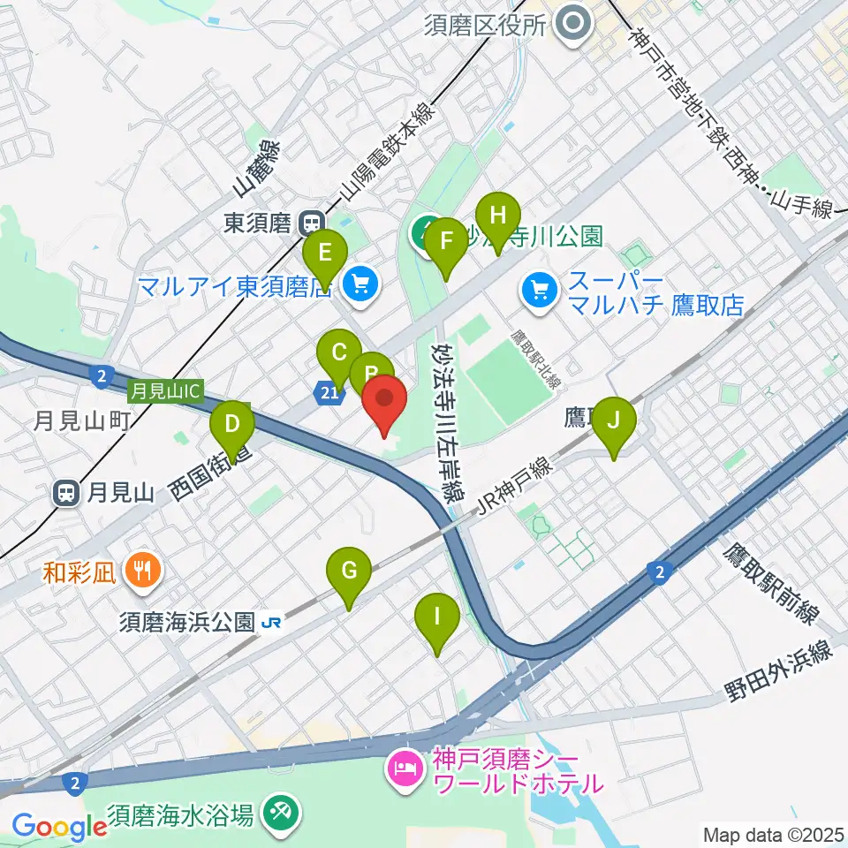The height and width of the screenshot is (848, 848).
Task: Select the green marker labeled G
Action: [x=349, y=572]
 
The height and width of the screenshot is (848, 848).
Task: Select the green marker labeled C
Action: [x=337, y=355]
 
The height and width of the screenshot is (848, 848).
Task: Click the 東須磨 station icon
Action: [x=311, y=223]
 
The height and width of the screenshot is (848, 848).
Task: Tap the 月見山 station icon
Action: [x=67, y=493]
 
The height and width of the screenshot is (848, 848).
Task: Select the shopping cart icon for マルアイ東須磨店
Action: [x=360, y=283]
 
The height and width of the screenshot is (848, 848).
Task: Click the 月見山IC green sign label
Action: [x=166, y=388]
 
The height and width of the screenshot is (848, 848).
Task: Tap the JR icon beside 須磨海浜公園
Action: [x=272, y=622]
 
